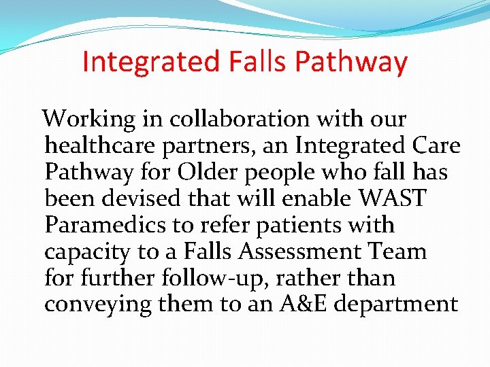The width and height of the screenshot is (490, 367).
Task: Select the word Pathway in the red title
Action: pos(351,62)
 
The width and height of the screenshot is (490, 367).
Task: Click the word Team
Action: pos(399,251)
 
